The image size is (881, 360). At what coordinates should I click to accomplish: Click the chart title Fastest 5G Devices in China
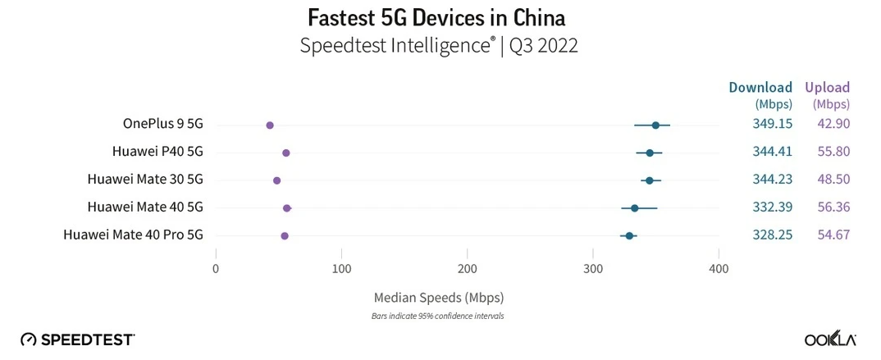(436, 17)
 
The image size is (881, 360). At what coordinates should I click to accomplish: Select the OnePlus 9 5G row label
(162, 124)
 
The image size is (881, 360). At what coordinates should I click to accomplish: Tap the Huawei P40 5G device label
(157, 152)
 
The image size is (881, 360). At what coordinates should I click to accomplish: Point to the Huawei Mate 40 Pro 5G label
(133, 235)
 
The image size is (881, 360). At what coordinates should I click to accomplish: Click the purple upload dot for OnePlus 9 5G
(270, 125)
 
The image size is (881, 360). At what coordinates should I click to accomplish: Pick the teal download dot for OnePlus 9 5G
(655, 125)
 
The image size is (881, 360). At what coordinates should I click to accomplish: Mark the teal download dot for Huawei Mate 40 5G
(634, 208)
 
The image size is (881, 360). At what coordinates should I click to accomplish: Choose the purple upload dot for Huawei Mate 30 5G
(276, 180)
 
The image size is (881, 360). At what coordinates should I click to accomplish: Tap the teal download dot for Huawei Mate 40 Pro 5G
(629, 235)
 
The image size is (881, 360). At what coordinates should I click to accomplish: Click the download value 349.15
(772, 124)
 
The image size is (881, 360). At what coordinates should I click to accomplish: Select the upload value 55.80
(833, 152)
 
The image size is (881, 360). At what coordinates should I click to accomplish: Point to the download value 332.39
(772, 207)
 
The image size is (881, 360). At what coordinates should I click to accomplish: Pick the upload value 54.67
(833, 235)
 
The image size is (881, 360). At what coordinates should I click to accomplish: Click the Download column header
(761, 88)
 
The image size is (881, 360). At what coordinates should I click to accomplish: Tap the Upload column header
(827, 88)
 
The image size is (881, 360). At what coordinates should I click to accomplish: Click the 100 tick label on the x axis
(342, 269)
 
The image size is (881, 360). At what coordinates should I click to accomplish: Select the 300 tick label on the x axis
(593, 269)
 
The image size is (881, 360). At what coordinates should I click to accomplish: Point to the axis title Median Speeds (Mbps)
(439, 297)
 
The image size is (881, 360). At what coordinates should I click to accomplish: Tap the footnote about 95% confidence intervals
(438, 316)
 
